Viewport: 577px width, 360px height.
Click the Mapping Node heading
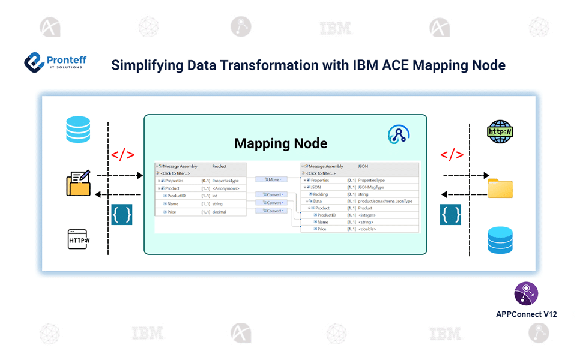(x=281, y=143)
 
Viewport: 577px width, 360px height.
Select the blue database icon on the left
(x=78, y=130)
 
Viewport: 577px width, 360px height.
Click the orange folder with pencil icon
(x=79, y=184)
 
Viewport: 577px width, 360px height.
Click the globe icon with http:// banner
(x=500, y=131)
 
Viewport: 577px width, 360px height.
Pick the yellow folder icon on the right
(x=500, y=187)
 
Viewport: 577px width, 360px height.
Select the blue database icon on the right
(x=500, y=240)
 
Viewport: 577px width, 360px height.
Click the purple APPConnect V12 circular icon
(x=526, y=293)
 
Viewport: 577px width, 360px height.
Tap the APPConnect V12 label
(x=526, y=314)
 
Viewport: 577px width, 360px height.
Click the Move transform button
(x=273, y=179)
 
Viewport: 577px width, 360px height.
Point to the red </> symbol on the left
(x=122, y=155)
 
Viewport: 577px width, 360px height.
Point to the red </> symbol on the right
(x=452, y=155)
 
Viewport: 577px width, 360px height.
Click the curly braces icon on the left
(x=122, y=214)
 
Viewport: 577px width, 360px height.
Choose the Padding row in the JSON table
(x=321, y=194)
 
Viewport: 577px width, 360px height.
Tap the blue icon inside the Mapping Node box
(x=398, y=134)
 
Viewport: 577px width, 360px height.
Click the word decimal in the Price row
(x=219, y=212)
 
